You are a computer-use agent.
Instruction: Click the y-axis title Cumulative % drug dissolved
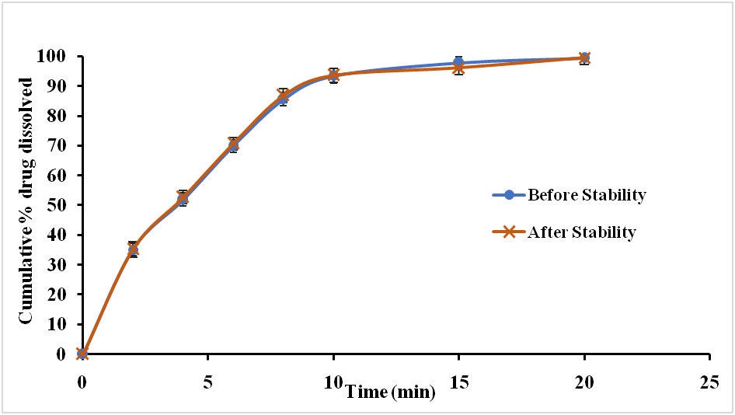point(26,200)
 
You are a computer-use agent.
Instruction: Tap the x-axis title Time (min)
point(391,392)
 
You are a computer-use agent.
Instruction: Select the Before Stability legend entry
point(586,195)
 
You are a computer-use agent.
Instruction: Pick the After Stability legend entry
point(581,232)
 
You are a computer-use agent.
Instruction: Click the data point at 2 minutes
point(133,249)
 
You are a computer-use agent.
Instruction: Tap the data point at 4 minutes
point(183,198)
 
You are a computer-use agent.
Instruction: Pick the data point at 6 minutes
point(233,145)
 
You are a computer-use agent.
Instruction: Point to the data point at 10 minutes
point(333,75)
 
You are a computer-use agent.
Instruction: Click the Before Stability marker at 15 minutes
point(459,62)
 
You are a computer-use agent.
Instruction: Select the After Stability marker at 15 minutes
point(459,68)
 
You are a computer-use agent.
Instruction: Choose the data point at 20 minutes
point(584,58)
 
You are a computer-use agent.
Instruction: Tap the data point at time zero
point(82,354)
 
